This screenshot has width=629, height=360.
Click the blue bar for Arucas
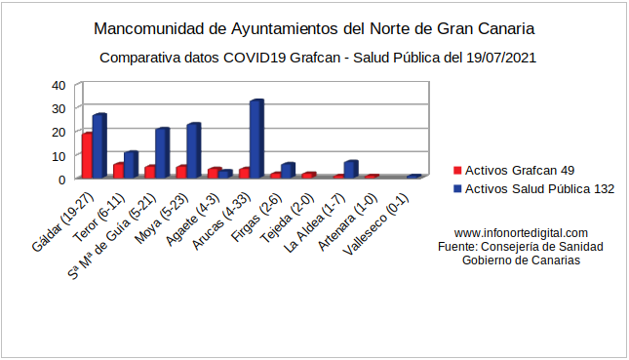coord(256,140)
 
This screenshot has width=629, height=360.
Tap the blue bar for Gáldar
coord(98,146)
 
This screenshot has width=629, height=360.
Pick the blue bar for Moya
coord(193,151)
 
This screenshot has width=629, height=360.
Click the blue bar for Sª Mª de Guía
coord(162,153)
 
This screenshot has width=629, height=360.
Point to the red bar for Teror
coord(118,171)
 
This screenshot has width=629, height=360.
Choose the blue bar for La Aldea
coord(350,170)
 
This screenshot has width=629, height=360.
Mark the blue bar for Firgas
coord(287,171)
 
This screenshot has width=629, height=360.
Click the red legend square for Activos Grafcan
coord(457,170)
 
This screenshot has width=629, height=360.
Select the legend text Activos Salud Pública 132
coord(540,189)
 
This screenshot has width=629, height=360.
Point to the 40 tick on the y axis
coord(59,85)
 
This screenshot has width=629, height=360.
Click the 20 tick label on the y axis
coord(59,132)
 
